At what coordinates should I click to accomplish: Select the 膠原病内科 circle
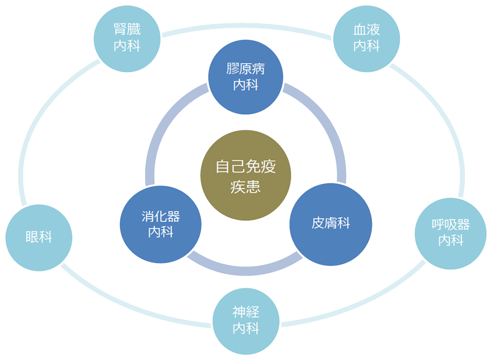point(246,76)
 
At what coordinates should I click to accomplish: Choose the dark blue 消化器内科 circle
point(161,224)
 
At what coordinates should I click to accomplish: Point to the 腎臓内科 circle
point(127,38)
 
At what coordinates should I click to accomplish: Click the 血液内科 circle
point(367,38)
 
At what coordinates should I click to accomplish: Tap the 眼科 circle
point(39,238)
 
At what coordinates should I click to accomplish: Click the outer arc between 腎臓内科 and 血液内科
point(246,27)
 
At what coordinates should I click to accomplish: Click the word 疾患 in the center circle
point(245,187)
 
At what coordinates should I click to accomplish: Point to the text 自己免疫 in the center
point(246,167)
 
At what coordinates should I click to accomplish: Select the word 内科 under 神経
point(246,328)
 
